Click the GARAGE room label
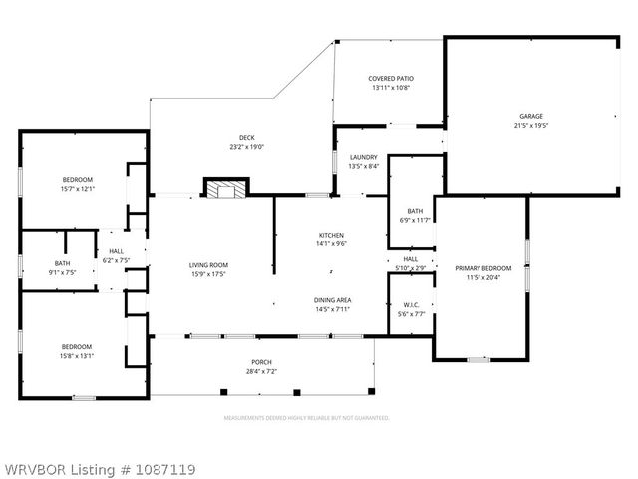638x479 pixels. (x=530, y=116)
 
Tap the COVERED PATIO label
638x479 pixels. (x=391, y=78)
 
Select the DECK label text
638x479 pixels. (x=246, y=138)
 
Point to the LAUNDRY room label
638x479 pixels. (x=363, y=157)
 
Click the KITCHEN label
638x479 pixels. (x=330, y=234)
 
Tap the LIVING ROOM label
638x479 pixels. (x=210, y=265)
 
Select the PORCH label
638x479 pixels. (x=261, y=362)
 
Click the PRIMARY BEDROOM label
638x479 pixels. (x=482, y=268)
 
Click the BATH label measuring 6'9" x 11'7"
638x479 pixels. (x=415, y=211)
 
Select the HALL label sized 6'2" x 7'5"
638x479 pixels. (x=117, y=252)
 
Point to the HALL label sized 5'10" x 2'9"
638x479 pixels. (x=410, y=258)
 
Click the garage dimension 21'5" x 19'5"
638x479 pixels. (x=530, y=125)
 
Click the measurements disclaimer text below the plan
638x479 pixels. (x=306, y=419)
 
